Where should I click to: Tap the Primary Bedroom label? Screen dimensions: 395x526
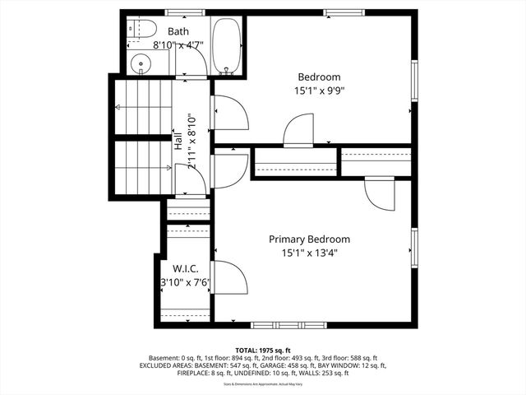pyautogui.click(x=315, y=239)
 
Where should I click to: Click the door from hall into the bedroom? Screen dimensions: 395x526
pyautogui.click(x=228, y=113)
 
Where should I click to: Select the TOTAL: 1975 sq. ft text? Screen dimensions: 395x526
pyautogui.click(x=262, y=350)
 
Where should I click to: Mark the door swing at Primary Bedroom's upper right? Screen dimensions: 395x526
pyautogui.click(x=378, y=194)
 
